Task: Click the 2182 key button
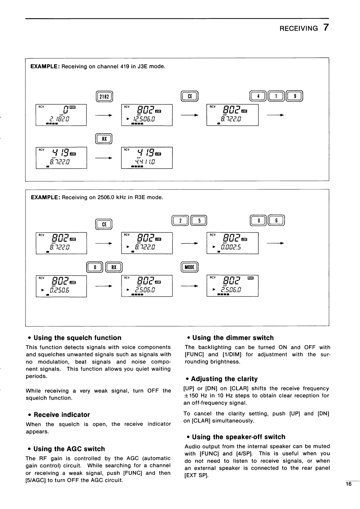pyautogui.click(x=104, y=96)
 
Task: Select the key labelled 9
pyautogui.click(x=294, y=96)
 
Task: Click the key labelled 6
pyautogui.click(x=276, y=220)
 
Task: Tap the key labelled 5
pyautogui.click(x=199, y=220)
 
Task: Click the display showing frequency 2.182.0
pyautogui.click(x=61, y=115)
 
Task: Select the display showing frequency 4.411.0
pyautogui.click(x=147, y=158)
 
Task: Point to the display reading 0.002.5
pyautogui.click(x=232, y=243)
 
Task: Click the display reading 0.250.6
pyautogui.click(x=61, y=286)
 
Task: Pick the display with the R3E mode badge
pyautogui.click(x=232, y=286)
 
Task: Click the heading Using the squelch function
pyautogui.click(x=77, y=338)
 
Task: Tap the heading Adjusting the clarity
pyautogui.click(x=224, y=379)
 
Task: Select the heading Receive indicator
pyautogui.click(x=62, y=415)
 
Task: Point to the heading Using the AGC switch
pyautogui.click(x=69, y=449)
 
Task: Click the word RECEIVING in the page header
pyautogui.click(x=299, y=28)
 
